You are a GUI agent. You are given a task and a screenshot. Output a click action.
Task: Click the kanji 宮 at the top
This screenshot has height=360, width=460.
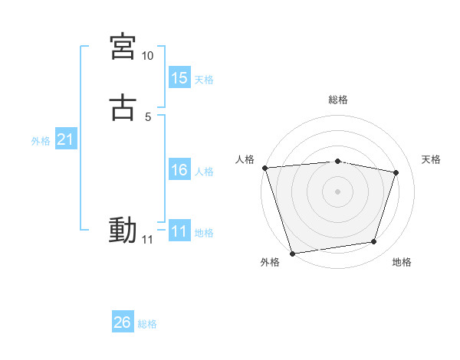(x=123, y=47)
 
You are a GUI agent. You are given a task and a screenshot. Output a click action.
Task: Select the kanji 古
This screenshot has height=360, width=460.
(x=123, y=108)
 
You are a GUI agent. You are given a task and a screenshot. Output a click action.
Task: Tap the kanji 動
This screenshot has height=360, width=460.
(x=123, y=230)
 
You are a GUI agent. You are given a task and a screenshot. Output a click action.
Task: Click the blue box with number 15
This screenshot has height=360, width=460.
(x=179, y=78)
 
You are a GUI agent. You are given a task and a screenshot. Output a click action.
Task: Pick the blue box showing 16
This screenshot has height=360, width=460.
(x=179, y=170)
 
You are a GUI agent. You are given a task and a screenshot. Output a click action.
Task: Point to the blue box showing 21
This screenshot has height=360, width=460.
(x=66, y=139)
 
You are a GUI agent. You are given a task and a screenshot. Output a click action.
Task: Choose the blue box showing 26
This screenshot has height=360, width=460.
(x=123, y=322)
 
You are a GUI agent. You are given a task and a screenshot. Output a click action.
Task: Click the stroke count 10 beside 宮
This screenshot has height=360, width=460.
(x=147, y=56)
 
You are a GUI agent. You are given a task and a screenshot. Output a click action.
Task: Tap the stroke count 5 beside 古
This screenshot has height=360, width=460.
(x=147, y=117)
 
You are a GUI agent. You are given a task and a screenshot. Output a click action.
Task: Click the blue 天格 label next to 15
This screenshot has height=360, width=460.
(x=204, y=80)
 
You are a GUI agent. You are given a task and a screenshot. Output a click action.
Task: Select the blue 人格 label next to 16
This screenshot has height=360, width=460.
(x=204, y=172)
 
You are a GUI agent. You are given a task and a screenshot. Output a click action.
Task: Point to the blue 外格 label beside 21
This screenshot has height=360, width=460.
(x=41, y=141)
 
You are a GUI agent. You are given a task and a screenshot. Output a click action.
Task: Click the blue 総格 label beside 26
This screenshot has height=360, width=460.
(x=147, y=324)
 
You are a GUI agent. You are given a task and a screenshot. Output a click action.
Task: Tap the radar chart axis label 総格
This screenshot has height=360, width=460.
(x=338, y=100)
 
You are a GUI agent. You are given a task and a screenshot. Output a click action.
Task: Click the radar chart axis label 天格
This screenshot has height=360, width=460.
(x=432, y=159)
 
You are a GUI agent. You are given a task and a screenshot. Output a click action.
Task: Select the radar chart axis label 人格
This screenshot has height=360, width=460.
(x=245, y=159)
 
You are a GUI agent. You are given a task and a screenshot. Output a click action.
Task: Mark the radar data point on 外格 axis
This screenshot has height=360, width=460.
(x=292, y=252)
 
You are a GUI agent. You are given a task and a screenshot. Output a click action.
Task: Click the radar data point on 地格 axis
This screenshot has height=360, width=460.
(x=374, y=242)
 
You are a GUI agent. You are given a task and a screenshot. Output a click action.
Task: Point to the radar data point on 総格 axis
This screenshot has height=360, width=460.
(x=338, y=161)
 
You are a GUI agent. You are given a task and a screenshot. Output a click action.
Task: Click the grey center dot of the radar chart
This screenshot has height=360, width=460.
(x=338, y=191)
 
